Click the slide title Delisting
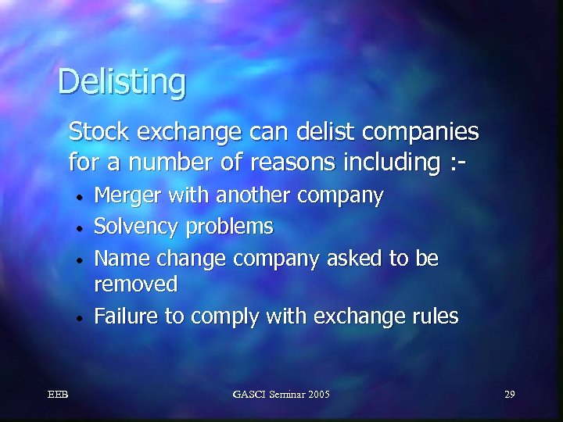(122, 81)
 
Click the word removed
(135, 284)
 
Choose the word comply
(226, 316)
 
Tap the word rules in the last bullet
(437, 316)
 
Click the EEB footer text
(57, 394)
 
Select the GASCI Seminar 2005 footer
(281, 394)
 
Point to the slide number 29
(509, 394)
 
